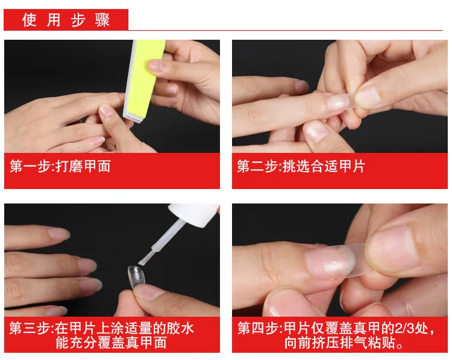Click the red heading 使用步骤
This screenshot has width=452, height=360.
(66, 20)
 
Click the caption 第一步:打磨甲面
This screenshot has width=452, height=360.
(60, 166)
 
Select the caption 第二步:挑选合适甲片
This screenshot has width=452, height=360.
(301, 166)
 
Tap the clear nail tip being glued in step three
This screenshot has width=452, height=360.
(137, 276)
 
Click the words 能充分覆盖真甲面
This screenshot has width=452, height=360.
(111, 343)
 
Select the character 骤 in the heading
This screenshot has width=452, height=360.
(102, 20)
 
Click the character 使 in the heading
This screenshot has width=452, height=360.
(30, 20)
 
